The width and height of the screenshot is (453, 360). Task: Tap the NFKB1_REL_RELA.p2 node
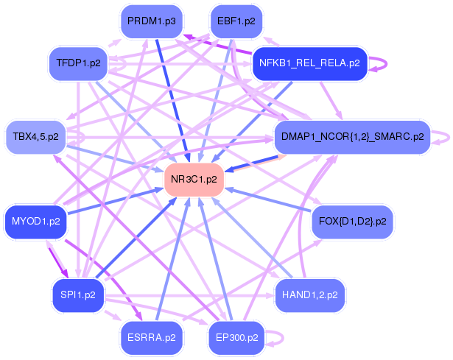tap(309, 63)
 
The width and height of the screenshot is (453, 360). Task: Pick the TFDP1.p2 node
tap(78, 63)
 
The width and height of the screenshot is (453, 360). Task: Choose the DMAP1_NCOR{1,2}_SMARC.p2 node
tap(351, 136)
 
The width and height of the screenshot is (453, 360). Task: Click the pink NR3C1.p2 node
tap(194, 179)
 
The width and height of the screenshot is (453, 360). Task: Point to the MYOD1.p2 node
tap(35, 220)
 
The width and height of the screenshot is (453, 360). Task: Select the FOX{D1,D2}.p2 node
tap(353, 220)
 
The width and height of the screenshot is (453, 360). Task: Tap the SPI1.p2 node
tap(78, 294)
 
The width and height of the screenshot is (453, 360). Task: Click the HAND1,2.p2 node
tap(309, 294)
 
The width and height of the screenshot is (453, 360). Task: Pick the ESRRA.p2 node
tap(151, 338)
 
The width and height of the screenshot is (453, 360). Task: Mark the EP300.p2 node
tap(236, 338)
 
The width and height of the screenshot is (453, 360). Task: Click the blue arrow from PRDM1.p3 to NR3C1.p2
tap(174, 103)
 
